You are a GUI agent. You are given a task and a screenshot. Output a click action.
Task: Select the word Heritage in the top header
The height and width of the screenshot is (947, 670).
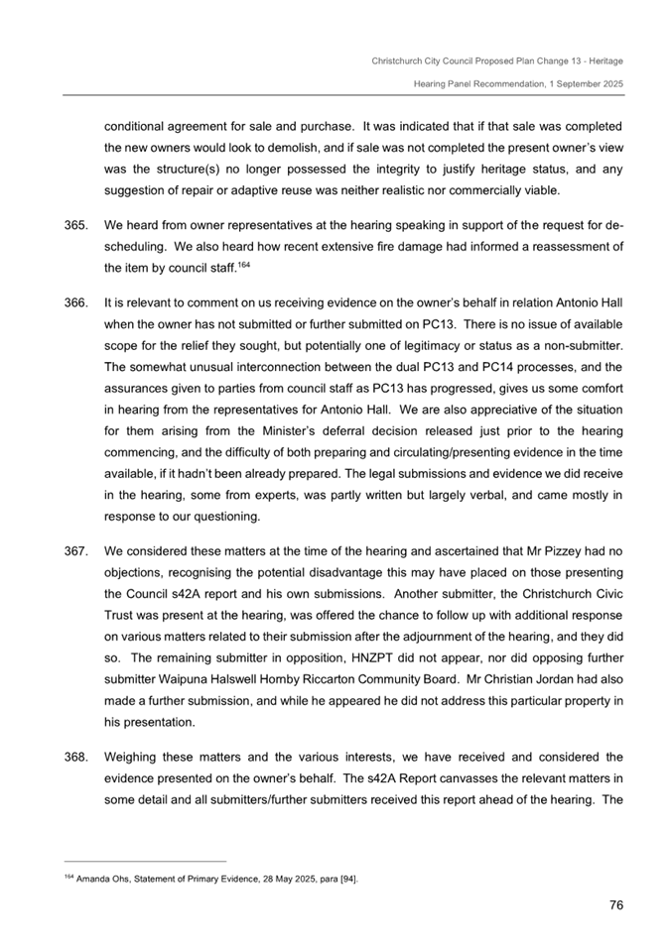[x=602, y=60]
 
